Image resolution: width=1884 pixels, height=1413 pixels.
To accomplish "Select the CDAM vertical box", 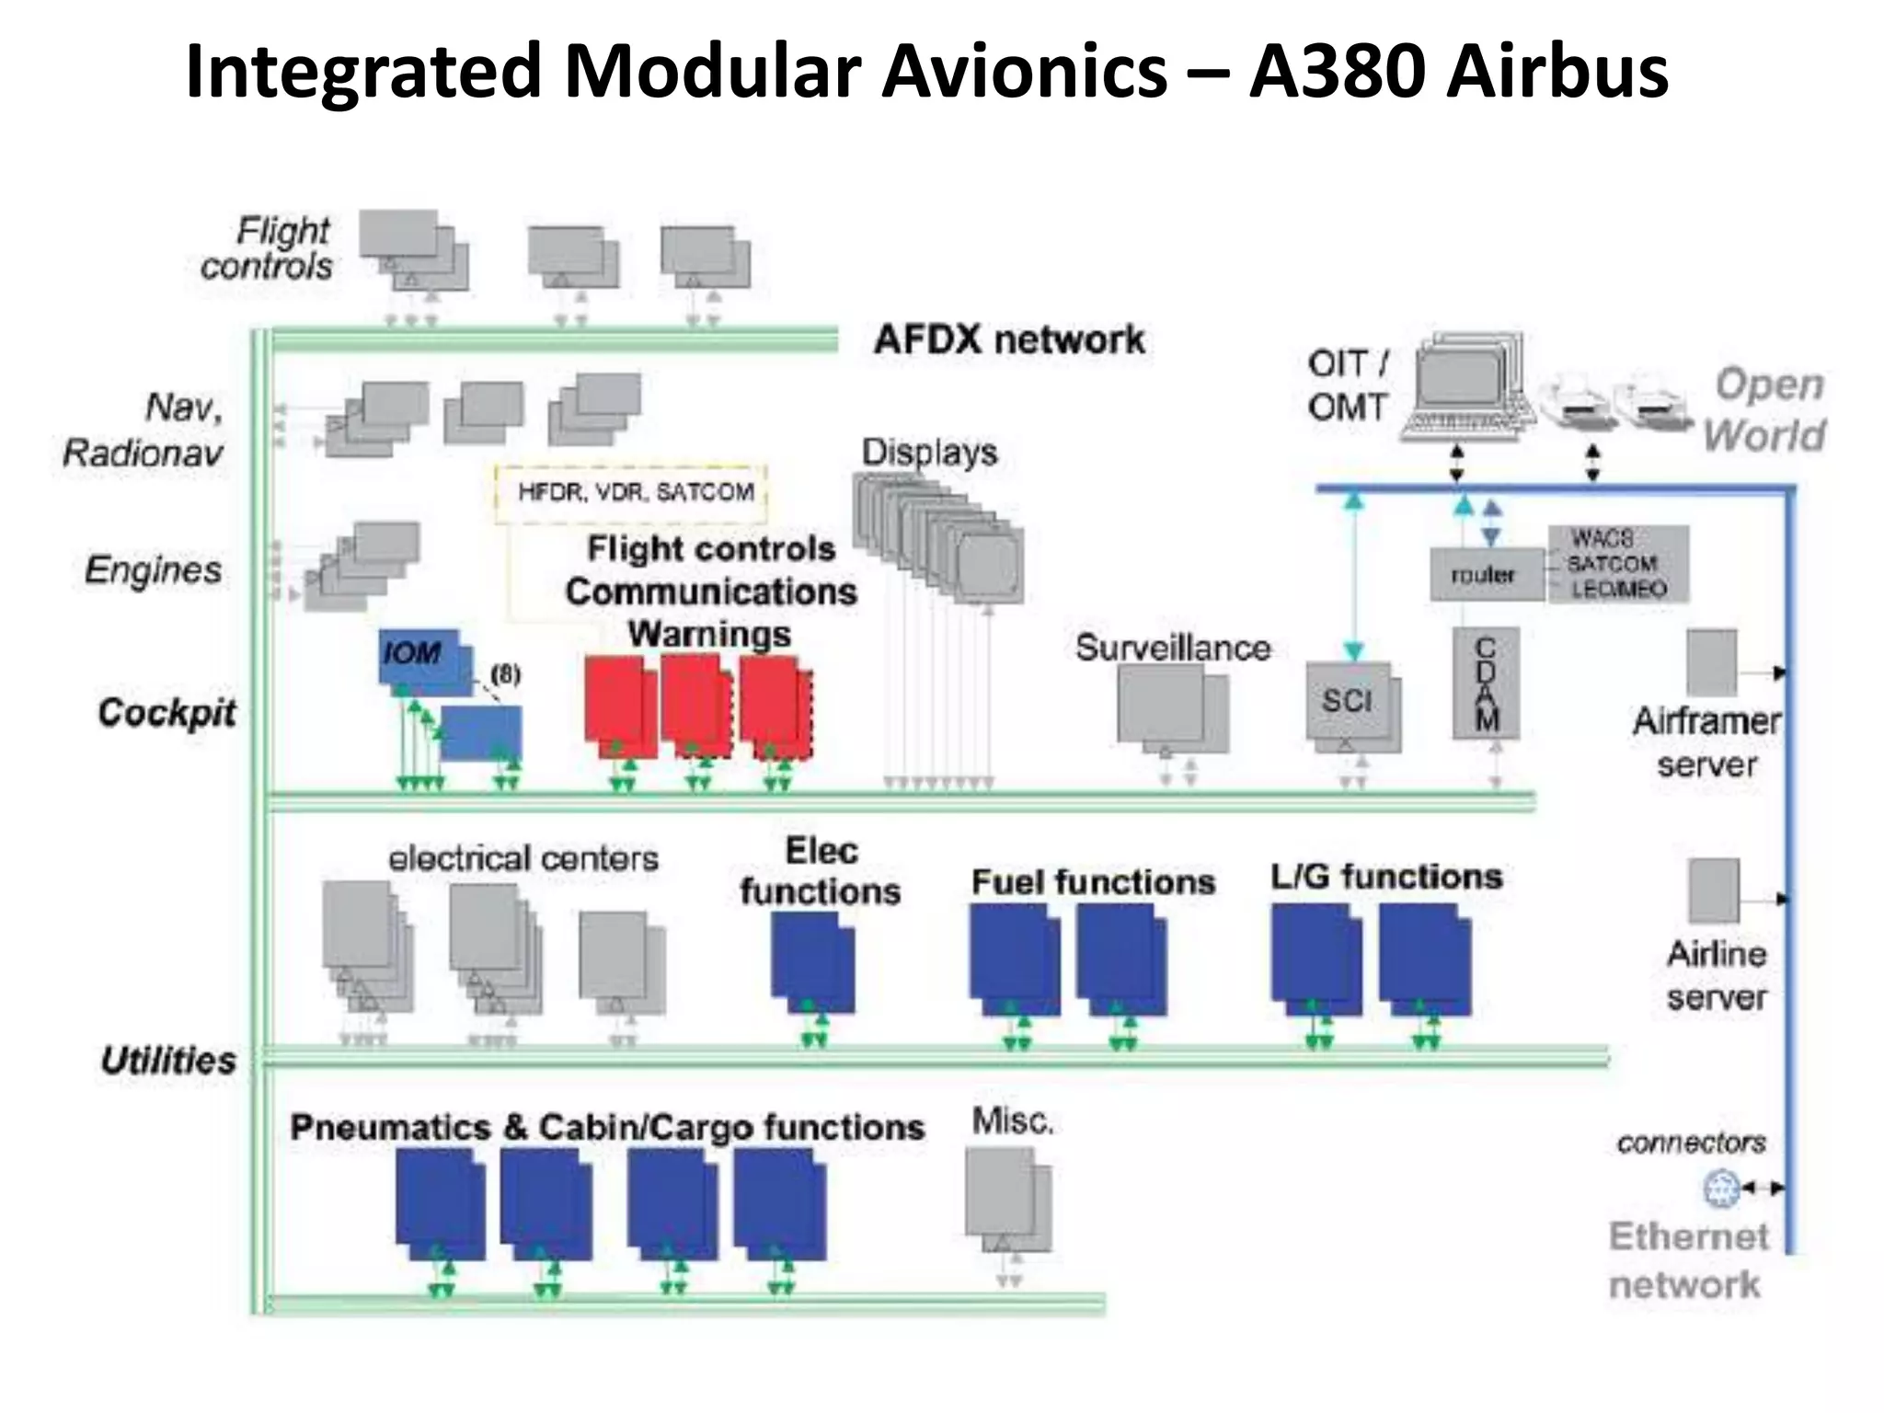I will [x=1486, y=684].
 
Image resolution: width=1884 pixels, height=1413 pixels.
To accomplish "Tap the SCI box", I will [x=1348, y=701].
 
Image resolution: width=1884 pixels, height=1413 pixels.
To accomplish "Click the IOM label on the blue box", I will [x=411, y=653].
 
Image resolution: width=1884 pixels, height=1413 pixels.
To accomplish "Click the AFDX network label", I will [x=1009, y=339].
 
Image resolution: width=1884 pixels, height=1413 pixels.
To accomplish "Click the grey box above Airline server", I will [x=1714, y=890].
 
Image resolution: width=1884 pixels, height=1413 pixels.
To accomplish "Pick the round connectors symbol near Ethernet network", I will [x=1721, y=1188].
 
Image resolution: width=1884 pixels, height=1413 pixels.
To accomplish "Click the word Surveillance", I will [x=1173, y=649].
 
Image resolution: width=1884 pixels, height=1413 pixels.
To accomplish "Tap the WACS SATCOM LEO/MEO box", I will [x=1618, y=564].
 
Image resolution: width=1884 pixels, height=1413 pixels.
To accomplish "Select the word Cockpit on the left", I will [x=167, y=713].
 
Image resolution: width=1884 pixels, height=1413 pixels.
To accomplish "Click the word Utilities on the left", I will [x=168, y=1061].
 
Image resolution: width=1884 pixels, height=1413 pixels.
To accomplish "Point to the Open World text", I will [x=1765, y=409].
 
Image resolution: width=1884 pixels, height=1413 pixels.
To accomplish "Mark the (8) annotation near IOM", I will [x=505, y=674].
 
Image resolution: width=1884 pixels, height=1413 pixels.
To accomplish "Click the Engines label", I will [x=153, y=570].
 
